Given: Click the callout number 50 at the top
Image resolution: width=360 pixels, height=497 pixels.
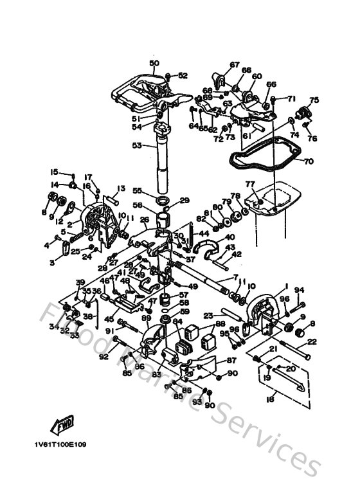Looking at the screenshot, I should [154, 63].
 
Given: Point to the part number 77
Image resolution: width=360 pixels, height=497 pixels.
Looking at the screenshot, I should [250, 185].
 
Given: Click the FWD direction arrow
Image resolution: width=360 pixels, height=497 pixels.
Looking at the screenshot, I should [62, 426].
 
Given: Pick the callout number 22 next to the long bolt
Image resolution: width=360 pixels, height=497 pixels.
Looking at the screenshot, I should [312, 341].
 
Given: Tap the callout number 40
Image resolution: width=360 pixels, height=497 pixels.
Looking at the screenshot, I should [230, 237].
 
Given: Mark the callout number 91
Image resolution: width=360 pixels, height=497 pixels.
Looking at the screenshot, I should [109, 331].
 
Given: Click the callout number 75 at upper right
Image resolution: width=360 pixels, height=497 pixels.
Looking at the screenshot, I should [314, 100].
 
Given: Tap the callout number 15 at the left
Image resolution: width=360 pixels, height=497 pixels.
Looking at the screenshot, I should [55, 172].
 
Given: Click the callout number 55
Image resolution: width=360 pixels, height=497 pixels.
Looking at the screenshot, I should [137, 191].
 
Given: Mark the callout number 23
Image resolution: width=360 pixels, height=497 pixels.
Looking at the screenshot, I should [208, 315].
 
